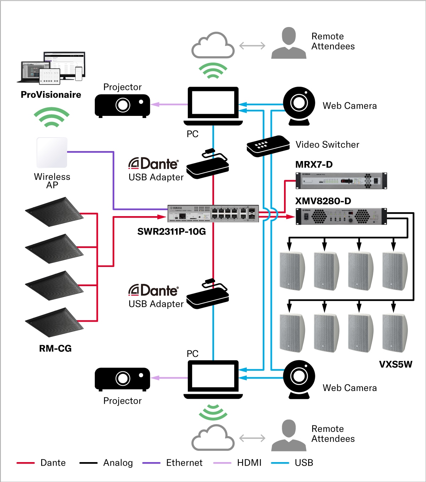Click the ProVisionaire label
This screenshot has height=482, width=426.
(51, 95)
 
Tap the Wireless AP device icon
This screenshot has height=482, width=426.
(52, 152)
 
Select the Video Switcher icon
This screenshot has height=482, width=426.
(268, 146)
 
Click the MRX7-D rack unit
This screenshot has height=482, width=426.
(341, 181)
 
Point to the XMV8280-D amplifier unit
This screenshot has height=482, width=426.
(341, 216)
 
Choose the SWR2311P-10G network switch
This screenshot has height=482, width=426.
(213, 213)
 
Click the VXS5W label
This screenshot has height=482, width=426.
(395, 364)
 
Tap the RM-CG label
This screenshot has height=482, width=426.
(55, 348)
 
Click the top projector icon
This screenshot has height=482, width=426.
(122, 106)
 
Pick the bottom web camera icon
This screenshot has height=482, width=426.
(299, 379)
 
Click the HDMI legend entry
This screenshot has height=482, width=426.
(249, 462)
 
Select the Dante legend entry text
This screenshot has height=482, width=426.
(53, 462)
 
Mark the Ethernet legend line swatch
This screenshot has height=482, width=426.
(151, 463)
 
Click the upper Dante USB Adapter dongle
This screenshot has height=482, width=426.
(208, 165)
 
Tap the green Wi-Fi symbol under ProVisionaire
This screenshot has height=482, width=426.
(51, 117)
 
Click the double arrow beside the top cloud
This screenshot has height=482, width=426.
(252, 45)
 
